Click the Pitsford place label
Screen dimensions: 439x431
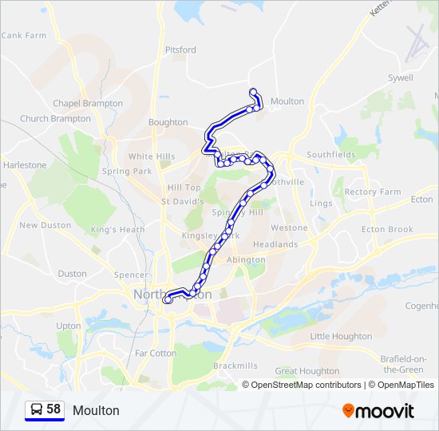click(x=180, y=49)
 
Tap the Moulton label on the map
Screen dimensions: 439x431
click(x=287, y=101)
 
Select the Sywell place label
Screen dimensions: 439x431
click(x=400, y=78)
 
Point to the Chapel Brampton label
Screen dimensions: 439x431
click(x=88, y=104)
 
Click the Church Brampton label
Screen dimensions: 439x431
click(x=56, y=119)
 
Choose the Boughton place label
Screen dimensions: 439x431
click(x=168, y=123)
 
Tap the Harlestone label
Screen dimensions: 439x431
click(x=25, y=165)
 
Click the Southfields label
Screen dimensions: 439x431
click(x=331, y=155)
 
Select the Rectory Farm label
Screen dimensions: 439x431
click(x=373, y=192)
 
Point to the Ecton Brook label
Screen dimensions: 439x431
click(x=387, y=230)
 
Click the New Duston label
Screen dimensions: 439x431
click(x=45, y=226)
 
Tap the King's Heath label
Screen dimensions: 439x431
click(x=118, y=230)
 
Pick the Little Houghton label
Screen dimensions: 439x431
click(x=341, y=337)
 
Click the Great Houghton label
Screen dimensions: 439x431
click(x=307, y=371)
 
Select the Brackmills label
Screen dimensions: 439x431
click(x=235, y=366)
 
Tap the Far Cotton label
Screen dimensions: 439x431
click(x=156, y=353)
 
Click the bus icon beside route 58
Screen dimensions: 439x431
click(x=37, y=409)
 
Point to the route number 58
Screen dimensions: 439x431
click(x=53, y=409)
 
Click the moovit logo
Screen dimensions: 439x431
click(x=378, y=411)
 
